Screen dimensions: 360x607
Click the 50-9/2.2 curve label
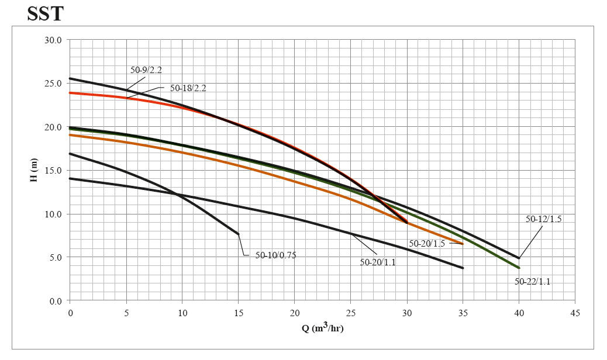[x=146, y=70]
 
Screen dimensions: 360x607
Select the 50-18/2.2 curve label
[x=188, y=88]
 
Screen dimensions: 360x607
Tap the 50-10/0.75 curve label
[x=275, y=255]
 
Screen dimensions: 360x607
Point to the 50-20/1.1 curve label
[x=377, y=262]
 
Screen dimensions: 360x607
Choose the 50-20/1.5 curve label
[x=426, y=244]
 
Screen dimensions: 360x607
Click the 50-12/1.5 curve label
[x=543, y=219]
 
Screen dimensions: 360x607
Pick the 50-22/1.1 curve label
[x=532, y=281]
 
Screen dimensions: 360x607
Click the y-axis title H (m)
[x=35, y=169]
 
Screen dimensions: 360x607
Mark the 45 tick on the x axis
[x=575, y=313]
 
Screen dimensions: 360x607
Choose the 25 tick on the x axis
[x=350, y=313]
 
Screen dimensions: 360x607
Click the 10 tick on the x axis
[x=182, y=313]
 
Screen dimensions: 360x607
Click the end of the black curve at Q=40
[x=519, y=258]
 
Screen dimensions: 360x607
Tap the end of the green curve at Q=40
[x=519, y=268]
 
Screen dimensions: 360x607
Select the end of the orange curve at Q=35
[x=463, y=244]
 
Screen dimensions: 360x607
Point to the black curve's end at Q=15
[x=238, y=234]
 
